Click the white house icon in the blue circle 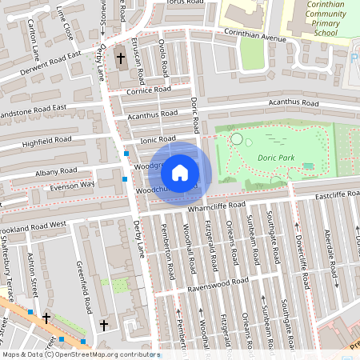[x=180, y=172]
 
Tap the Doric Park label [x=276, y=158]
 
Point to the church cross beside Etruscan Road [x=121, y=58]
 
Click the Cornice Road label [x=150, y=90]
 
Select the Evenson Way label [x=72, y=185]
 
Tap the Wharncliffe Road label [x=217, y=206]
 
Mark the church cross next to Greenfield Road [x=104, y=324]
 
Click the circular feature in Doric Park [x=236, y=139]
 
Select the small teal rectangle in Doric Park [x=308, y=166]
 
